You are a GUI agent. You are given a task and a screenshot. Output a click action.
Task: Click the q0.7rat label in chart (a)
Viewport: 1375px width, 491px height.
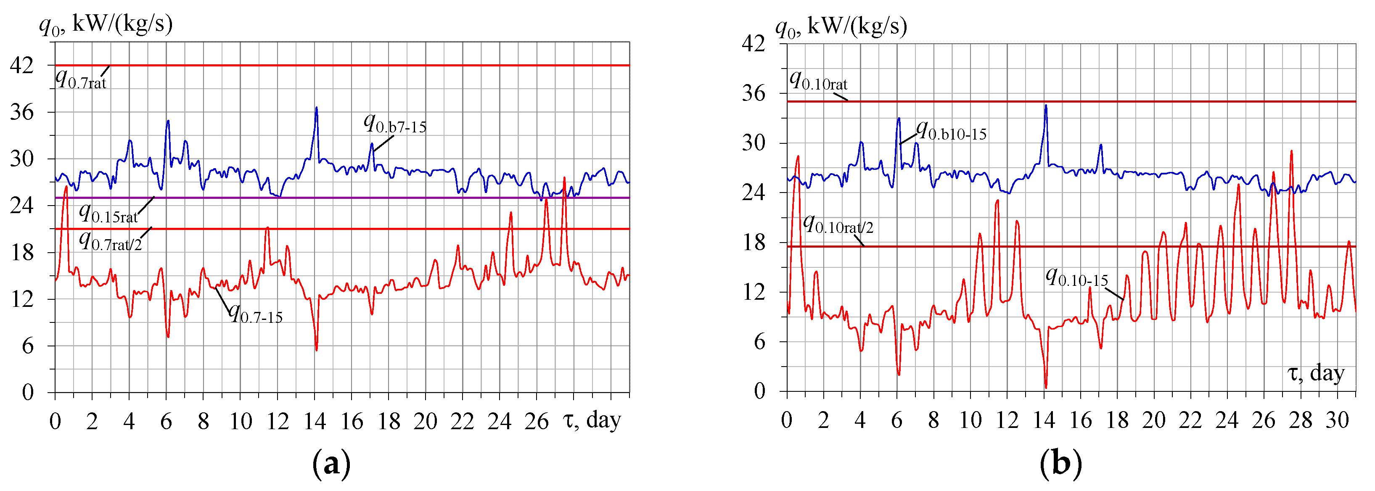[x=81, y=80]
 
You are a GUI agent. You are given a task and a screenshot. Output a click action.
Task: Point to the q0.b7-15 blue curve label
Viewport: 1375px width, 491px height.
[x=395, y=124]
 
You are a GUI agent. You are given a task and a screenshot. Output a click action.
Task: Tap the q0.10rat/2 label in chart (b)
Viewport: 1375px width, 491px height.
[x=838, y=225]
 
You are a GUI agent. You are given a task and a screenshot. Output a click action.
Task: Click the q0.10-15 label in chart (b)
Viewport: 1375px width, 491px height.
[x=1076, y=278]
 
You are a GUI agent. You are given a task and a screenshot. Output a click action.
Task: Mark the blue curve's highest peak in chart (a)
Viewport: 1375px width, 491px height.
[x=317, y=108]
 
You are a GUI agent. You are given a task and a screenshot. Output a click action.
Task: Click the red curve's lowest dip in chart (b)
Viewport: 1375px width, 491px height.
[x=1046, y=387]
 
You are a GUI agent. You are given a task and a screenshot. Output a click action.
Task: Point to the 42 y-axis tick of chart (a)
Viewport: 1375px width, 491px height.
[x=21, y=66]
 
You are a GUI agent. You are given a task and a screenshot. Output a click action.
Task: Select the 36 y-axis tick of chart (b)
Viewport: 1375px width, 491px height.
[x=753, y=94]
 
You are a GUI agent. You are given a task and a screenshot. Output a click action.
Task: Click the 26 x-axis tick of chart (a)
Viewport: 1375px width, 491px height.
[x=536, y=422]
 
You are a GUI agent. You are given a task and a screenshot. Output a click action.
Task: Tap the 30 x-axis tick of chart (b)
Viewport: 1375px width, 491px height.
[x=1337, y=420]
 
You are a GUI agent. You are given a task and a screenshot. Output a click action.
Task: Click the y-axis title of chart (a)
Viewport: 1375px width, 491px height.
[x=106, y=24]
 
